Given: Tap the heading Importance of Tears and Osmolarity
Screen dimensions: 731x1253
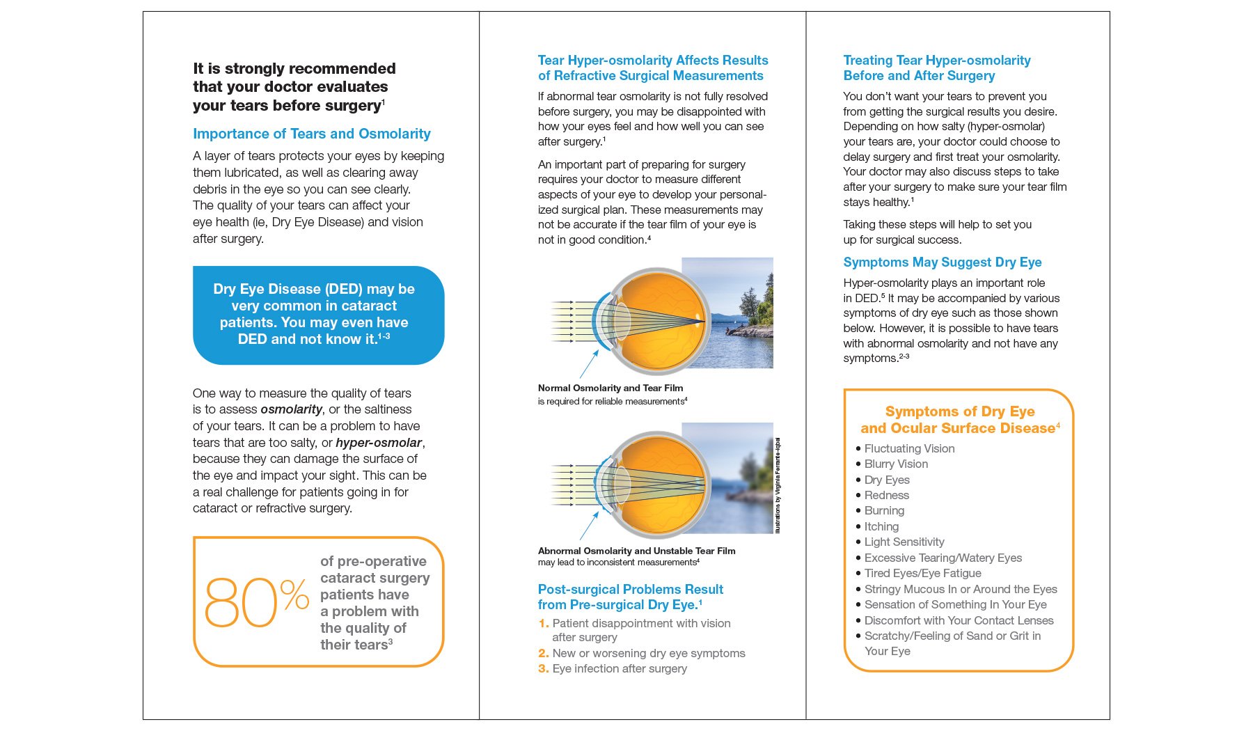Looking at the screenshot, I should pos(311,134).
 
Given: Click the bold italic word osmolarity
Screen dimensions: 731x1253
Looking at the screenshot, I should pos(291,409).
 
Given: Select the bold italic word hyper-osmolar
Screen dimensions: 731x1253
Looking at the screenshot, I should pos(378,443).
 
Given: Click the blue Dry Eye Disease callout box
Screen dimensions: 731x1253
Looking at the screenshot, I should pos(318,315).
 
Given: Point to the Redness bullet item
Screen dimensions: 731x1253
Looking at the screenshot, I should pos(886,495).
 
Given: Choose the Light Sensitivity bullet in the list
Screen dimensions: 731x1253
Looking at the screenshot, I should pos(904,542).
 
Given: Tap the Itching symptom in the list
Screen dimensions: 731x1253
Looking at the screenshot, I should pos(881,526).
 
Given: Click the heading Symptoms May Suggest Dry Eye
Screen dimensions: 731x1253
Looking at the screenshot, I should pos(942,262).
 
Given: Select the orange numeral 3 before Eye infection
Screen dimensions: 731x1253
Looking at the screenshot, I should pos(543,669).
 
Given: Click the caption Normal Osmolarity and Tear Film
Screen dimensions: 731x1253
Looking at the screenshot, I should pos(610,388).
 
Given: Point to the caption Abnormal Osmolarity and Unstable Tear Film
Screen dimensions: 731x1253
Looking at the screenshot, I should pos(636,551).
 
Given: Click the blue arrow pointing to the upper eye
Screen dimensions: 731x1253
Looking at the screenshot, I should pos(589,364).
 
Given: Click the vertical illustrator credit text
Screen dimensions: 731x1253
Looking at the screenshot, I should pos(778,485).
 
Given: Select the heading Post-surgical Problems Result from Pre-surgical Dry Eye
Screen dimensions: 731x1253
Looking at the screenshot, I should pos(630,597).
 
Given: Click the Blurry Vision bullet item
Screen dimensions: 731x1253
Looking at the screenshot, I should pos(895,464).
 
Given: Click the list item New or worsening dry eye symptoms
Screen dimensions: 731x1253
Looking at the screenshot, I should pos(648,653).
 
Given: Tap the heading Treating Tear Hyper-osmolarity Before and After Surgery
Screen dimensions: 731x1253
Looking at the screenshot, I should pos(936,68).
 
